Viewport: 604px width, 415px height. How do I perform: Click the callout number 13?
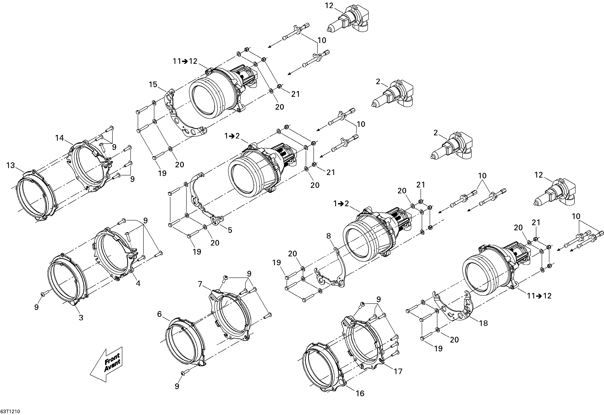pyautogui.click(x=11, y=165)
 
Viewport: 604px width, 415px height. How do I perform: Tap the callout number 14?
pyautogui.click(x=60, y=138)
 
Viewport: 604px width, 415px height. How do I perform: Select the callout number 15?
pyautogui.click(x=153, y=85)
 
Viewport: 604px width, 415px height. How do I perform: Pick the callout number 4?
pyautogui.click(x=138, y=283)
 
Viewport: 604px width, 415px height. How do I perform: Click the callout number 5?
pyautogui.click(x=230, y=230)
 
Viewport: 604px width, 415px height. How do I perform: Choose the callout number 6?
pyautogui.click(x=159, y=314)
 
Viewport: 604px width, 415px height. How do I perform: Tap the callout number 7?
pyautogui.click(x=200, y=284)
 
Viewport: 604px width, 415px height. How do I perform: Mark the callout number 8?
pyautogui.click(x=329, y=236)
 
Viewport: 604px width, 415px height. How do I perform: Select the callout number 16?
pyautogui.click(x=360, y=393)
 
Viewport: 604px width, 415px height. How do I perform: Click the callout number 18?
pyautogui.click(x=483, y=323)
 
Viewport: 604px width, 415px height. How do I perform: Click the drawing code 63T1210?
pyautogui.click(x=10, y=412)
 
